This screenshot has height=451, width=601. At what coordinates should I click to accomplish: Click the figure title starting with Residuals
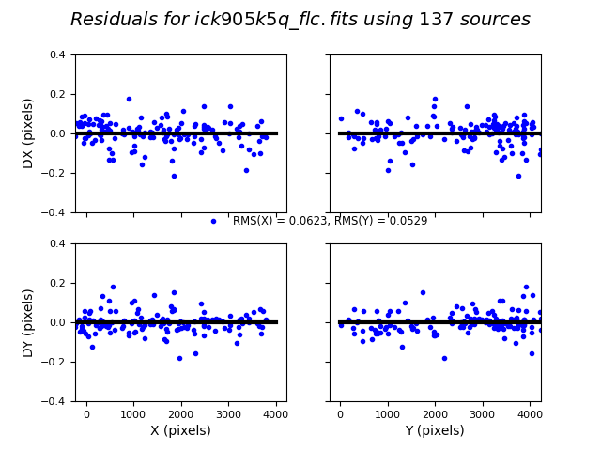(300, 20)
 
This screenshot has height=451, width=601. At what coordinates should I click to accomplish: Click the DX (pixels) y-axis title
(28, 133)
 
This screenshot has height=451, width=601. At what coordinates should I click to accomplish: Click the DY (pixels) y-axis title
(28, 322)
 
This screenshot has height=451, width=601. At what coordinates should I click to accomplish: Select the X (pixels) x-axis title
(181, 430)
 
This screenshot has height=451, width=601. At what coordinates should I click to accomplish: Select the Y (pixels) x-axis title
(435, 430)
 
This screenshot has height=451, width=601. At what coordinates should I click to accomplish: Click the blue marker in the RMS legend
(213, 221)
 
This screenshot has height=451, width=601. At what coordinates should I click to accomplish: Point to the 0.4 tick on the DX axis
(57, 54)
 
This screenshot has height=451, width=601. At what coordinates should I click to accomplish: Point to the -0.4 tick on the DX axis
(54, 212)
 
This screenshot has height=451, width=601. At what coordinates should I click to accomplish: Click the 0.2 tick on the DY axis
(57, 283)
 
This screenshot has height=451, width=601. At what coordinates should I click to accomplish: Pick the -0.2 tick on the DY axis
(54, 362)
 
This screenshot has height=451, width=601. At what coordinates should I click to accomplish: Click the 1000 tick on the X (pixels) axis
(133, 413)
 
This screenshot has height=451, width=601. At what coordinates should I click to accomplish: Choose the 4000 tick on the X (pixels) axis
(275, 413)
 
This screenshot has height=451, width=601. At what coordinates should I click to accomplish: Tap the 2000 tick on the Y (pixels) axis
(435, 413)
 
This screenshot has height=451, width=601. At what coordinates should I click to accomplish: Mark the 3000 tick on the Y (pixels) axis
(482, 413)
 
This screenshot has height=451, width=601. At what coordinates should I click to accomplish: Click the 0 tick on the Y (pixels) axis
(340, 413)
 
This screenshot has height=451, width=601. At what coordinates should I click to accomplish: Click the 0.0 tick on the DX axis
(57, 133)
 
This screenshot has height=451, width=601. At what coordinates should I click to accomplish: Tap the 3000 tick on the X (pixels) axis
(228, 413)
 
